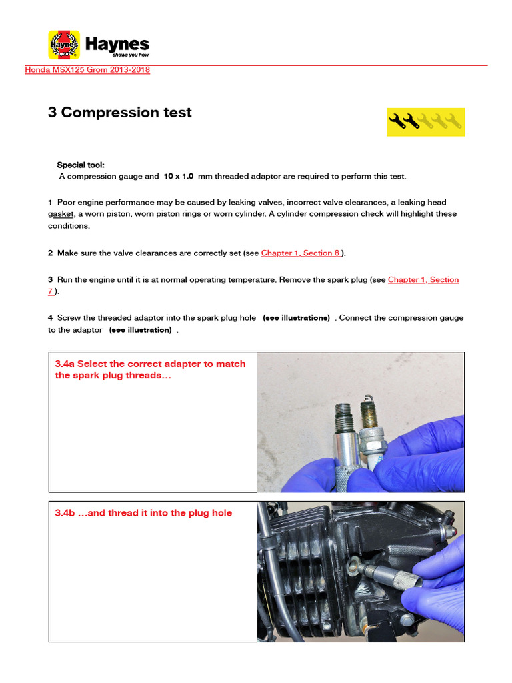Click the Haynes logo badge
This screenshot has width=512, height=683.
pos(64,45)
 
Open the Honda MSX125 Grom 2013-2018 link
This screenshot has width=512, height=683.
pos(87,70)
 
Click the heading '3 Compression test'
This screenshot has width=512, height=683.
pos(119,113)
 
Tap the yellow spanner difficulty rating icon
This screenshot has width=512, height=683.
pos(425,121)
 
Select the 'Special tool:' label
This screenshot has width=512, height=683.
pos(80,165)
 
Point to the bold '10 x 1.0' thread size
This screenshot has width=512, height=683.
pos(178,177)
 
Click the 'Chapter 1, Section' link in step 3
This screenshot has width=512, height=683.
pos(423,280)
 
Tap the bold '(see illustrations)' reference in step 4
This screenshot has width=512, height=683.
pos(296,319)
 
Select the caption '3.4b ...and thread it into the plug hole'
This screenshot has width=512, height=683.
pos(143,513)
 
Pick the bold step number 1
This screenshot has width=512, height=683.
pos(50,202)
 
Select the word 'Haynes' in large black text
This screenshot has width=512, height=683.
pos(117,43)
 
